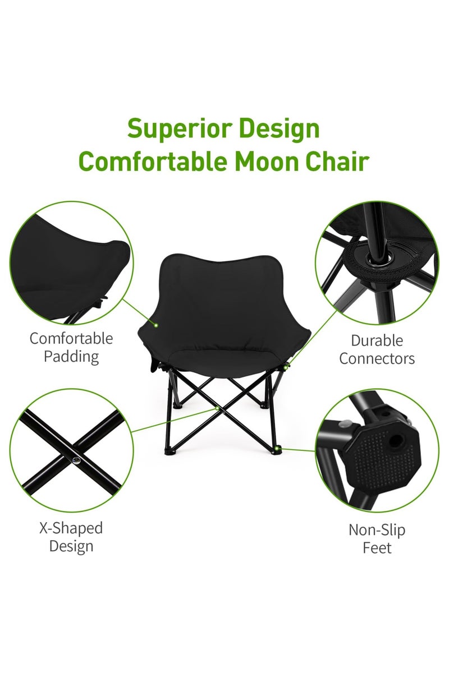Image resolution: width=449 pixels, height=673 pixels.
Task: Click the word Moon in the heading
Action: pyautogui.click(x=262, y=161)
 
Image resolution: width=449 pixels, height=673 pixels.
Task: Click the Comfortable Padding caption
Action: pyautogui.click(x=71, y=347)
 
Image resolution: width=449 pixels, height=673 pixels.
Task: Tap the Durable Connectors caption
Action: pyautogui.click(x=377, y=349)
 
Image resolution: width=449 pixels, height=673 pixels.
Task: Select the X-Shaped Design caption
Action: pyautogui.click(x=71, y=537)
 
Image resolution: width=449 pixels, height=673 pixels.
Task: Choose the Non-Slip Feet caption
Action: pyautogui.click(x=377, y=538)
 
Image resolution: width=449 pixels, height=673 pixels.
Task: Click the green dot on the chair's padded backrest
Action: pyautogui.click(x=156, y=324)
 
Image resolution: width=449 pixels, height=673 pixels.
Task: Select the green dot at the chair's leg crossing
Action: pyautogui.click(x=219, y=409)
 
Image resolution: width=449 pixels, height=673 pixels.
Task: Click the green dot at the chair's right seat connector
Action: pyautogui.click(x=287, y=367)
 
